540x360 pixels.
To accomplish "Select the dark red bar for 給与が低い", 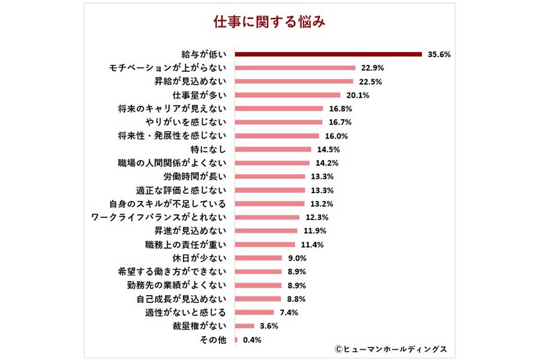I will tap(328, 54).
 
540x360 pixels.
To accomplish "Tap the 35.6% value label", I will tap(439, 55).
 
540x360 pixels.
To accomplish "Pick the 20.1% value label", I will tap(357, 95).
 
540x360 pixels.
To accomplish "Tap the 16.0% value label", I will tap(335, 136).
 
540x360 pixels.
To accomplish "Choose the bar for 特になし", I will tap(273, 149).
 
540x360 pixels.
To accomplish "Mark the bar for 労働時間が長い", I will tap(270, 176).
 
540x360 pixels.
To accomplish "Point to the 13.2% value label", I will tap(322, 204).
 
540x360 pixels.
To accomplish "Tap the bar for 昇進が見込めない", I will tap(266, 231).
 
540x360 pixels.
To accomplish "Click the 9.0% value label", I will tap(298, 258).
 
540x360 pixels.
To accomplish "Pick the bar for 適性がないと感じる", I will tap(254, 312).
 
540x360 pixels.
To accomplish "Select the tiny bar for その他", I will tap(236, 340).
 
